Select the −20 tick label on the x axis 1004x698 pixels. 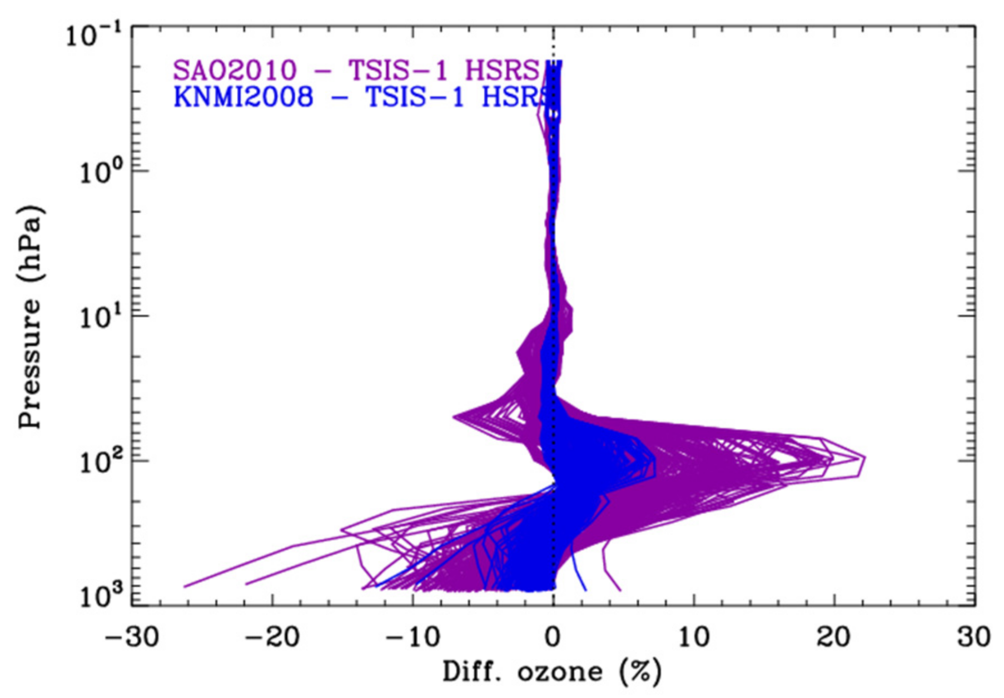[272, 637]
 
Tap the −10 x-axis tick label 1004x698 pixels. [412, 637]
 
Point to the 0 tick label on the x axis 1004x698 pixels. [553, 637]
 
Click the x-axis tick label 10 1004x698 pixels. [694, 637]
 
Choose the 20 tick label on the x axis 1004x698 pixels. [834, 637]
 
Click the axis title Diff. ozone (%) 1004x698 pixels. [552, 672]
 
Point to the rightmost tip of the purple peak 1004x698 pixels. [865, 458]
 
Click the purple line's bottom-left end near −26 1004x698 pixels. [185, 586]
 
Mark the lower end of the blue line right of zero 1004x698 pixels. [585, 590]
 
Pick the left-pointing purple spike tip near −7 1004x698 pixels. [454, 416]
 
